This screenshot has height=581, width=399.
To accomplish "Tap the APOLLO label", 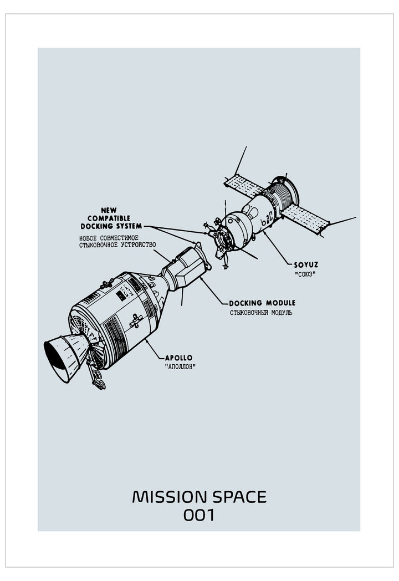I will [x=178, y=358].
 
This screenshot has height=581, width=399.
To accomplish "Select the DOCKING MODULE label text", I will [x=262, y=303].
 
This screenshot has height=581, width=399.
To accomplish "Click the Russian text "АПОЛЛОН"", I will [x=180, y=367].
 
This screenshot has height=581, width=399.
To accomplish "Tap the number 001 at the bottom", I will [x=199, y=515].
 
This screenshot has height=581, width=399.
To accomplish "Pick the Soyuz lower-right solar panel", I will [x=305, y=219].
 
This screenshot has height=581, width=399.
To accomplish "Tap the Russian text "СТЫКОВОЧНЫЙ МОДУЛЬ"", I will [x=261, y=312].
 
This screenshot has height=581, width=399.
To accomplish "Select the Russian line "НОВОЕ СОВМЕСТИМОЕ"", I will [x=109, y=237].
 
